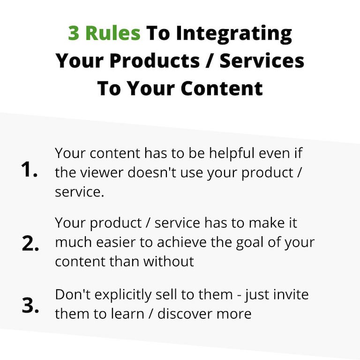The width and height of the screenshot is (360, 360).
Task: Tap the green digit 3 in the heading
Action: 74,34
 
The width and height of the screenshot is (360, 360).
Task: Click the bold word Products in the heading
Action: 155,60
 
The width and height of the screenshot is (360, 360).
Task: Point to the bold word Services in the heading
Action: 262,60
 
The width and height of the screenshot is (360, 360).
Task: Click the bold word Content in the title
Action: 222,89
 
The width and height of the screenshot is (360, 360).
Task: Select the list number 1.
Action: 29,169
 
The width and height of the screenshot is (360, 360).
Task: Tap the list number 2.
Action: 30,243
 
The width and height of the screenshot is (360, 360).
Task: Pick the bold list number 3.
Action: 30,305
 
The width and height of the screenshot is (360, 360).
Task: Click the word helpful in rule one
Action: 232,153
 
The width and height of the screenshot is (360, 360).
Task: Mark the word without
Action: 169,261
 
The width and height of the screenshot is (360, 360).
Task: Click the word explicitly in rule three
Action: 123,295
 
